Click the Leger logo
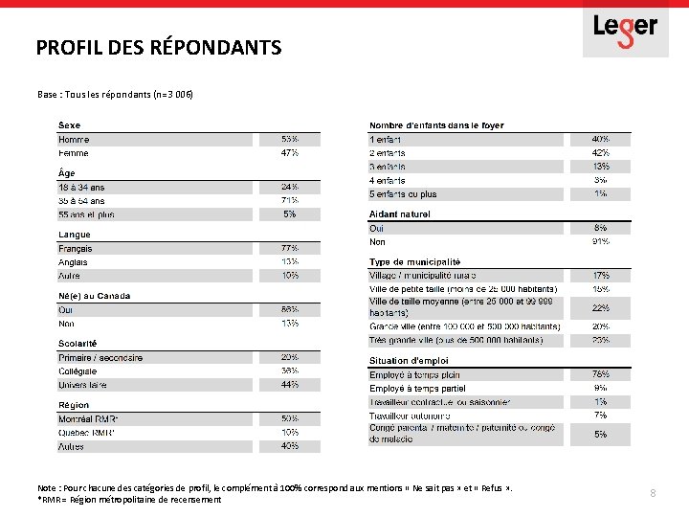625,29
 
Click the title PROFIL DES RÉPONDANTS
159,47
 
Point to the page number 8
653,493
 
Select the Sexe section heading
70,125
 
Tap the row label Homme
74,139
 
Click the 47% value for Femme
289,153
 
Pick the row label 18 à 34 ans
82,187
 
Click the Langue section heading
75,235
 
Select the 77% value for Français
289,248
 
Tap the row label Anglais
74,261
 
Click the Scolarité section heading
78,344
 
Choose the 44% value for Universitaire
289,384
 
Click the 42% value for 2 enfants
601,153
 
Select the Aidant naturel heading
400,214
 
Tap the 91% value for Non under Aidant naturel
601,241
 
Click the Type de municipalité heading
415,261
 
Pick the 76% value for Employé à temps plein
601,374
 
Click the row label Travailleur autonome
410,416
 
